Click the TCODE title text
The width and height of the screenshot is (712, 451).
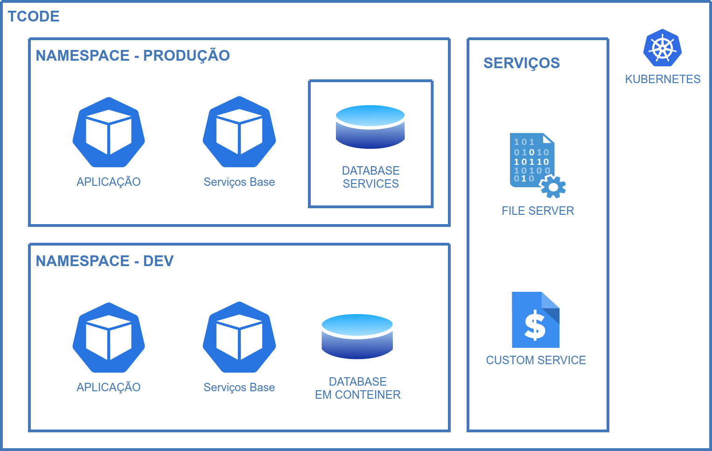click(x=34, y=16)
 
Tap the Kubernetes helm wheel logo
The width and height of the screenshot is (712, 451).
click(x=663, y=48)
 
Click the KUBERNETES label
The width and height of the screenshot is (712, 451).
click(x=663, y=79)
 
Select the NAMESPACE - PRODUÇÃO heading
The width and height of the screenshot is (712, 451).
click(x=133, y=56)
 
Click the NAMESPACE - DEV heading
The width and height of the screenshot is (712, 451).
click(x=105, y=261)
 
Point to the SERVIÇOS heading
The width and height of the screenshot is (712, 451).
click(x=522, y=63)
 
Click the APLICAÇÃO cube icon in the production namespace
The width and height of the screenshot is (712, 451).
click(x=109, y=132)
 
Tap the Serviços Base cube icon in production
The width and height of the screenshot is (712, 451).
click(x=239, y=132)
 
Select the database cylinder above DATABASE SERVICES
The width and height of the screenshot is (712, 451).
click(x=370, y=127)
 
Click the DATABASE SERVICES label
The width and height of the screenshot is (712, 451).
click(x=371, y=177)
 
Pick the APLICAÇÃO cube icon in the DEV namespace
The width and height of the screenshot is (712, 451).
click(x=109, y=338)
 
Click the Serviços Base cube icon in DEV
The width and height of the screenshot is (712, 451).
click(x=239, y=338)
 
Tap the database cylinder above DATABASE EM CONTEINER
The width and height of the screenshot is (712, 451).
click(x=357, y=336)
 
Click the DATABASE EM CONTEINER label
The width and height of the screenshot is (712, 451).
click(x=358, y=388)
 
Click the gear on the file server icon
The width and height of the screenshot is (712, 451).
click(x=553, y=187)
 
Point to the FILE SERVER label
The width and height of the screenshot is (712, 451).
click(x=538, y=211)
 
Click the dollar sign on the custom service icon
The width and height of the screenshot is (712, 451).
click(x=535, y=325)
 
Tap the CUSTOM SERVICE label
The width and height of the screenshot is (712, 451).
click(x=536, y=360)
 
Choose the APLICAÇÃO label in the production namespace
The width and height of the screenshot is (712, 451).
click(x=109, y=182)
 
